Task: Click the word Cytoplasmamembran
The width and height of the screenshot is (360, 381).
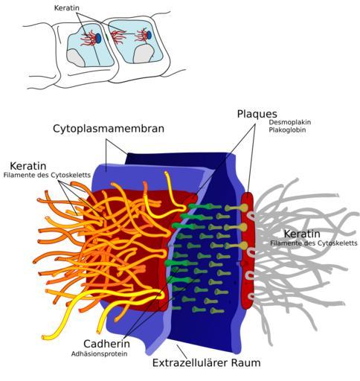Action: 109,129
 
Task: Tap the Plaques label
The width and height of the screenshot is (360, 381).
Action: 257,115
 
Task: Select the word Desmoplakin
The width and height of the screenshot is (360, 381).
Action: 290,122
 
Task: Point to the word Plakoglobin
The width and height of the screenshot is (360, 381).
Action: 287,129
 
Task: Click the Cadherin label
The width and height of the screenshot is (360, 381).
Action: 106,344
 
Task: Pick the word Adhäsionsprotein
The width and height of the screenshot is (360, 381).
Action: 99,353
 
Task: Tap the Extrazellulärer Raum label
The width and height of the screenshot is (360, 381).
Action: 206,363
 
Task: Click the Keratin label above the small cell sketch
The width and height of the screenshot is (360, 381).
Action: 67,8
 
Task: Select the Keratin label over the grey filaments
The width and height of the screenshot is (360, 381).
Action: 302,234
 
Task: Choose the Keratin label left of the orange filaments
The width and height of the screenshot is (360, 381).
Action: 28,166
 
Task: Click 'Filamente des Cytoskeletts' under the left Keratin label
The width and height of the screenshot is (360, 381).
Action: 47,175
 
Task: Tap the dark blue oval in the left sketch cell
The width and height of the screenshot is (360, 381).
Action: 98,38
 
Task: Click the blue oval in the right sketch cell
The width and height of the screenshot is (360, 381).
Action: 149,35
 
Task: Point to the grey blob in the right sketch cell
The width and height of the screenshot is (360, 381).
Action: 144,54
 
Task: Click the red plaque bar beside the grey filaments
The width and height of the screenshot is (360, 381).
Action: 248,251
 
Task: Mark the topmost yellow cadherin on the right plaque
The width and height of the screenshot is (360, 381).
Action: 237,208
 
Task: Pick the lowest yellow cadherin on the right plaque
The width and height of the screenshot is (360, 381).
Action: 237,246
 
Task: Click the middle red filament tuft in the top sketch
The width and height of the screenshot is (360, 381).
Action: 118,37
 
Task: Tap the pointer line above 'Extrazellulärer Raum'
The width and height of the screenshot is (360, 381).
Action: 181,350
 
